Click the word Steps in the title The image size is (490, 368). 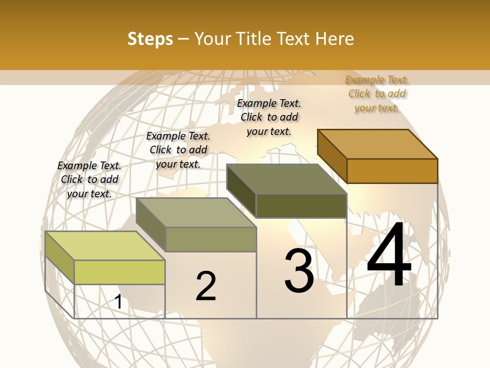coord(150,39)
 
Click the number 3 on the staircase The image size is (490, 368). coord(299,271)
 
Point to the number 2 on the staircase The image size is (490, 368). coord(206,286)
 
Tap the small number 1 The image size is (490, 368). coord(118,302)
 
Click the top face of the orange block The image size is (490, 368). coord(377,144)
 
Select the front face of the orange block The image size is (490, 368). coord(392,171)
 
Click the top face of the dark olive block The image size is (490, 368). coord(286,179)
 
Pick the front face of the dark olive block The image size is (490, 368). coord(301,205)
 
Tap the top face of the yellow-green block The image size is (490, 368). coord(105,246)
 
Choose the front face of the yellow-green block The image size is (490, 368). coord(119,272)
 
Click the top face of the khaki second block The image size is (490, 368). coord(196,213)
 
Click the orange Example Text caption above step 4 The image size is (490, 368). coord(377,94)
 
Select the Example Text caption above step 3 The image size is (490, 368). coord(269,117)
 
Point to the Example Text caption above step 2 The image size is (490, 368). coord(178,150)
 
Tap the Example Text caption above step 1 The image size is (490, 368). coord(89,179)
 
